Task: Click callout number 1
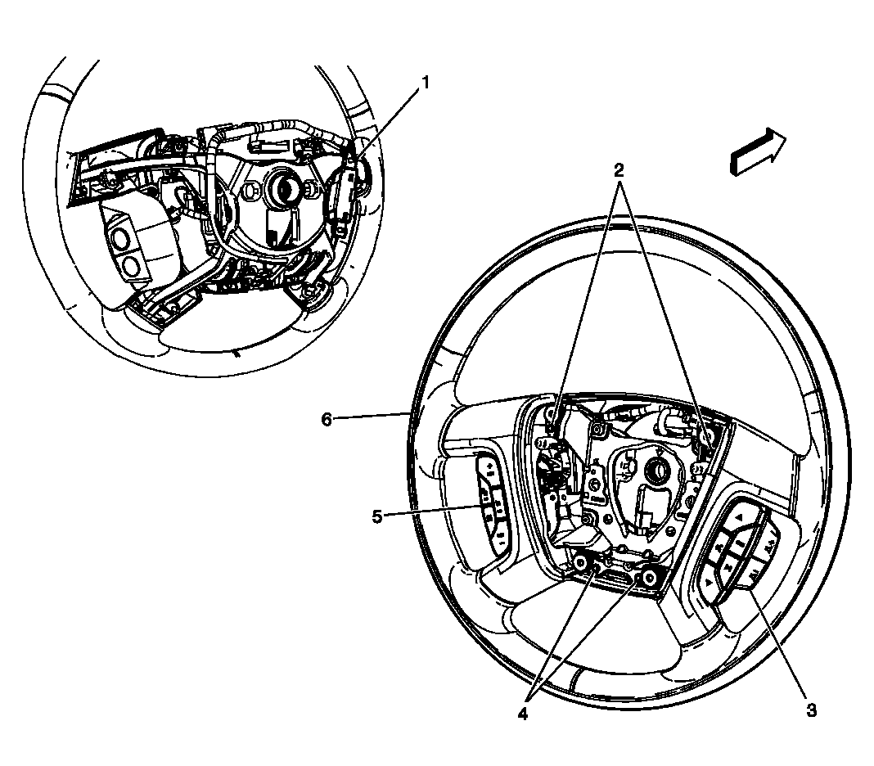425,83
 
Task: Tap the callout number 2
619,170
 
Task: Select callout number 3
811,710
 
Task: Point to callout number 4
521,714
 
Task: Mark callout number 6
327,419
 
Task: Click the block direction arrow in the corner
758,152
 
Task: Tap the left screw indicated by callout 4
580,563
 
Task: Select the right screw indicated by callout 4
648,579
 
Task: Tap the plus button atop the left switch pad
489,466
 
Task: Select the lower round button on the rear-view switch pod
131,266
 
